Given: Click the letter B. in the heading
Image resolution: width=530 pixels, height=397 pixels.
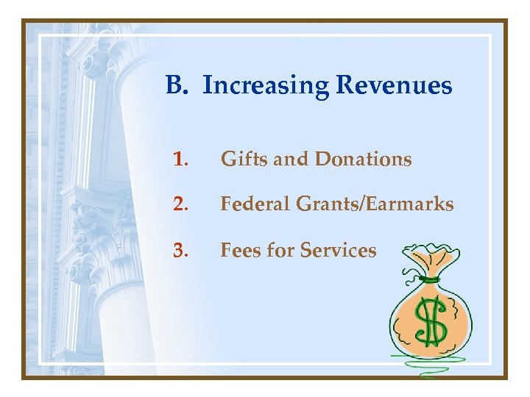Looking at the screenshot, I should (178, 86).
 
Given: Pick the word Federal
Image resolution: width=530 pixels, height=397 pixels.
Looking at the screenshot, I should (257, 204).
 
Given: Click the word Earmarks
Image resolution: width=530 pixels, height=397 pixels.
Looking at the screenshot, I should (409, 204).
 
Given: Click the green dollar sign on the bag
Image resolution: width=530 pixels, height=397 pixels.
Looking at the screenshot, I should (431, 323).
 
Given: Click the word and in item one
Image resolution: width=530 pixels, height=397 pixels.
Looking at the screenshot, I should (292, 159).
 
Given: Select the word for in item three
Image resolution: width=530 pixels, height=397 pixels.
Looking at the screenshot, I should (279, 251).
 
